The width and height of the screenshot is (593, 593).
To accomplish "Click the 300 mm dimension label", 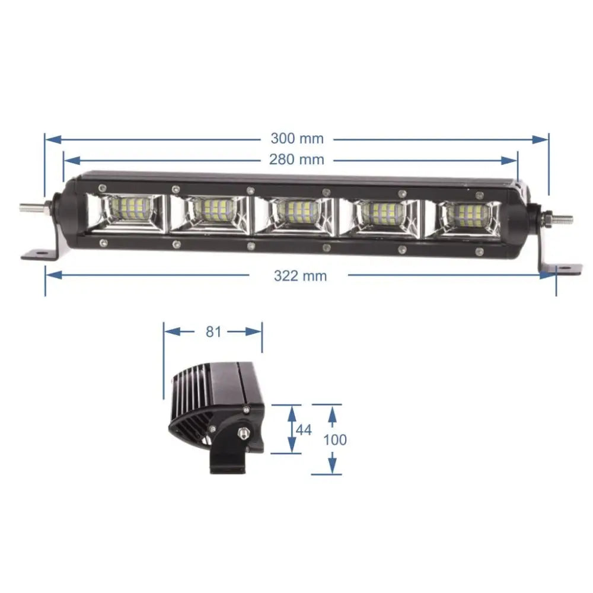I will coord(297,139).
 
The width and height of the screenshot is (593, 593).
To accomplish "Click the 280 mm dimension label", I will coord(297,160).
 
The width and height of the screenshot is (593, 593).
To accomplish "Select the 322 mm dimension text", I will coord(300,276).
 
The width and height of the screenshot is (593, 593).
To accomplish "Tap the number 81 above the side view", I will coord(213,331).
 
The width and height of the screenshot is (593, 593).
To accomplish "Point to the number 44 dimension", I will coord(303,430).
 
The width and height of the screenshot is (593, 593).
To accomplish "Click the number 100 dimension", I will coord(335,439).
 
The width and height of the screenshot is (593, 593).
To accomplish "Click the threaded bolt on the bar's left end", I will coord(30,208).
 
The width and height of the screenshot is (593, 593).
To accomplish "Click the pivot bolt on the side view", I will coord(243,434).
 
